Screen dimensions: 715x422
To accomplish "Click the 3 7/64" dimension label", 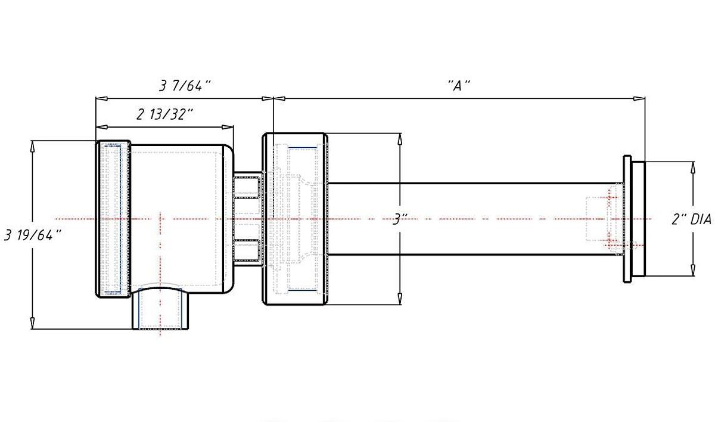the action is click(x=185, y=86).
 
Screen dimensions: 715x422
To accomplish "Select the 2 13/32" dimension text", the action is click(x=164, y=114).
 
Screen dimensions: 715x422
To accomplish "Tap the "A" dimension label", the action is click(x=459, y=86).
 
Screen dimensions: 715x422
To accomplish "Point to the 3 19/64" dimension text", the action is click(x=32, y=235).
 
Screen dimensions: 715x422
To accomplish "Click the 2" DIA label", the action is click(x=691, y=219).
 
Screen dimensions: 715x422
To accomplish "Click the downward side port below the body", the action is click(x=160, y=309).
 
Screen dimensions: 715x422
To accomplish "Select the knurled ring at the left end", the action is click(x=113, y=219).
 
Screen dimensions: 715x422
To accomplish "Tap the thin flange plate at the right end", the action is click(x=627, y=219).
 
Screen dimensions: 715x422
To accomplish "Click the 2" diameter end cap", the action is click(x=638, y=219).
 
